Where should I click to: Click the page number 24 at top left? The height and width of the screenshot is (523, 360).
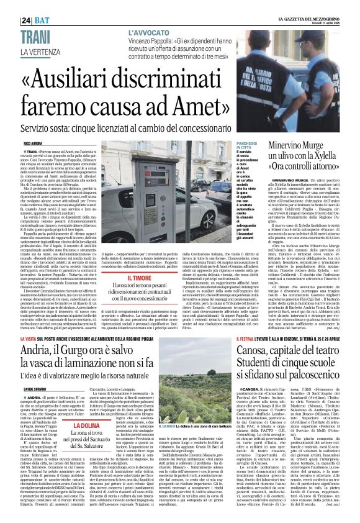(x=27, y=20)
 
